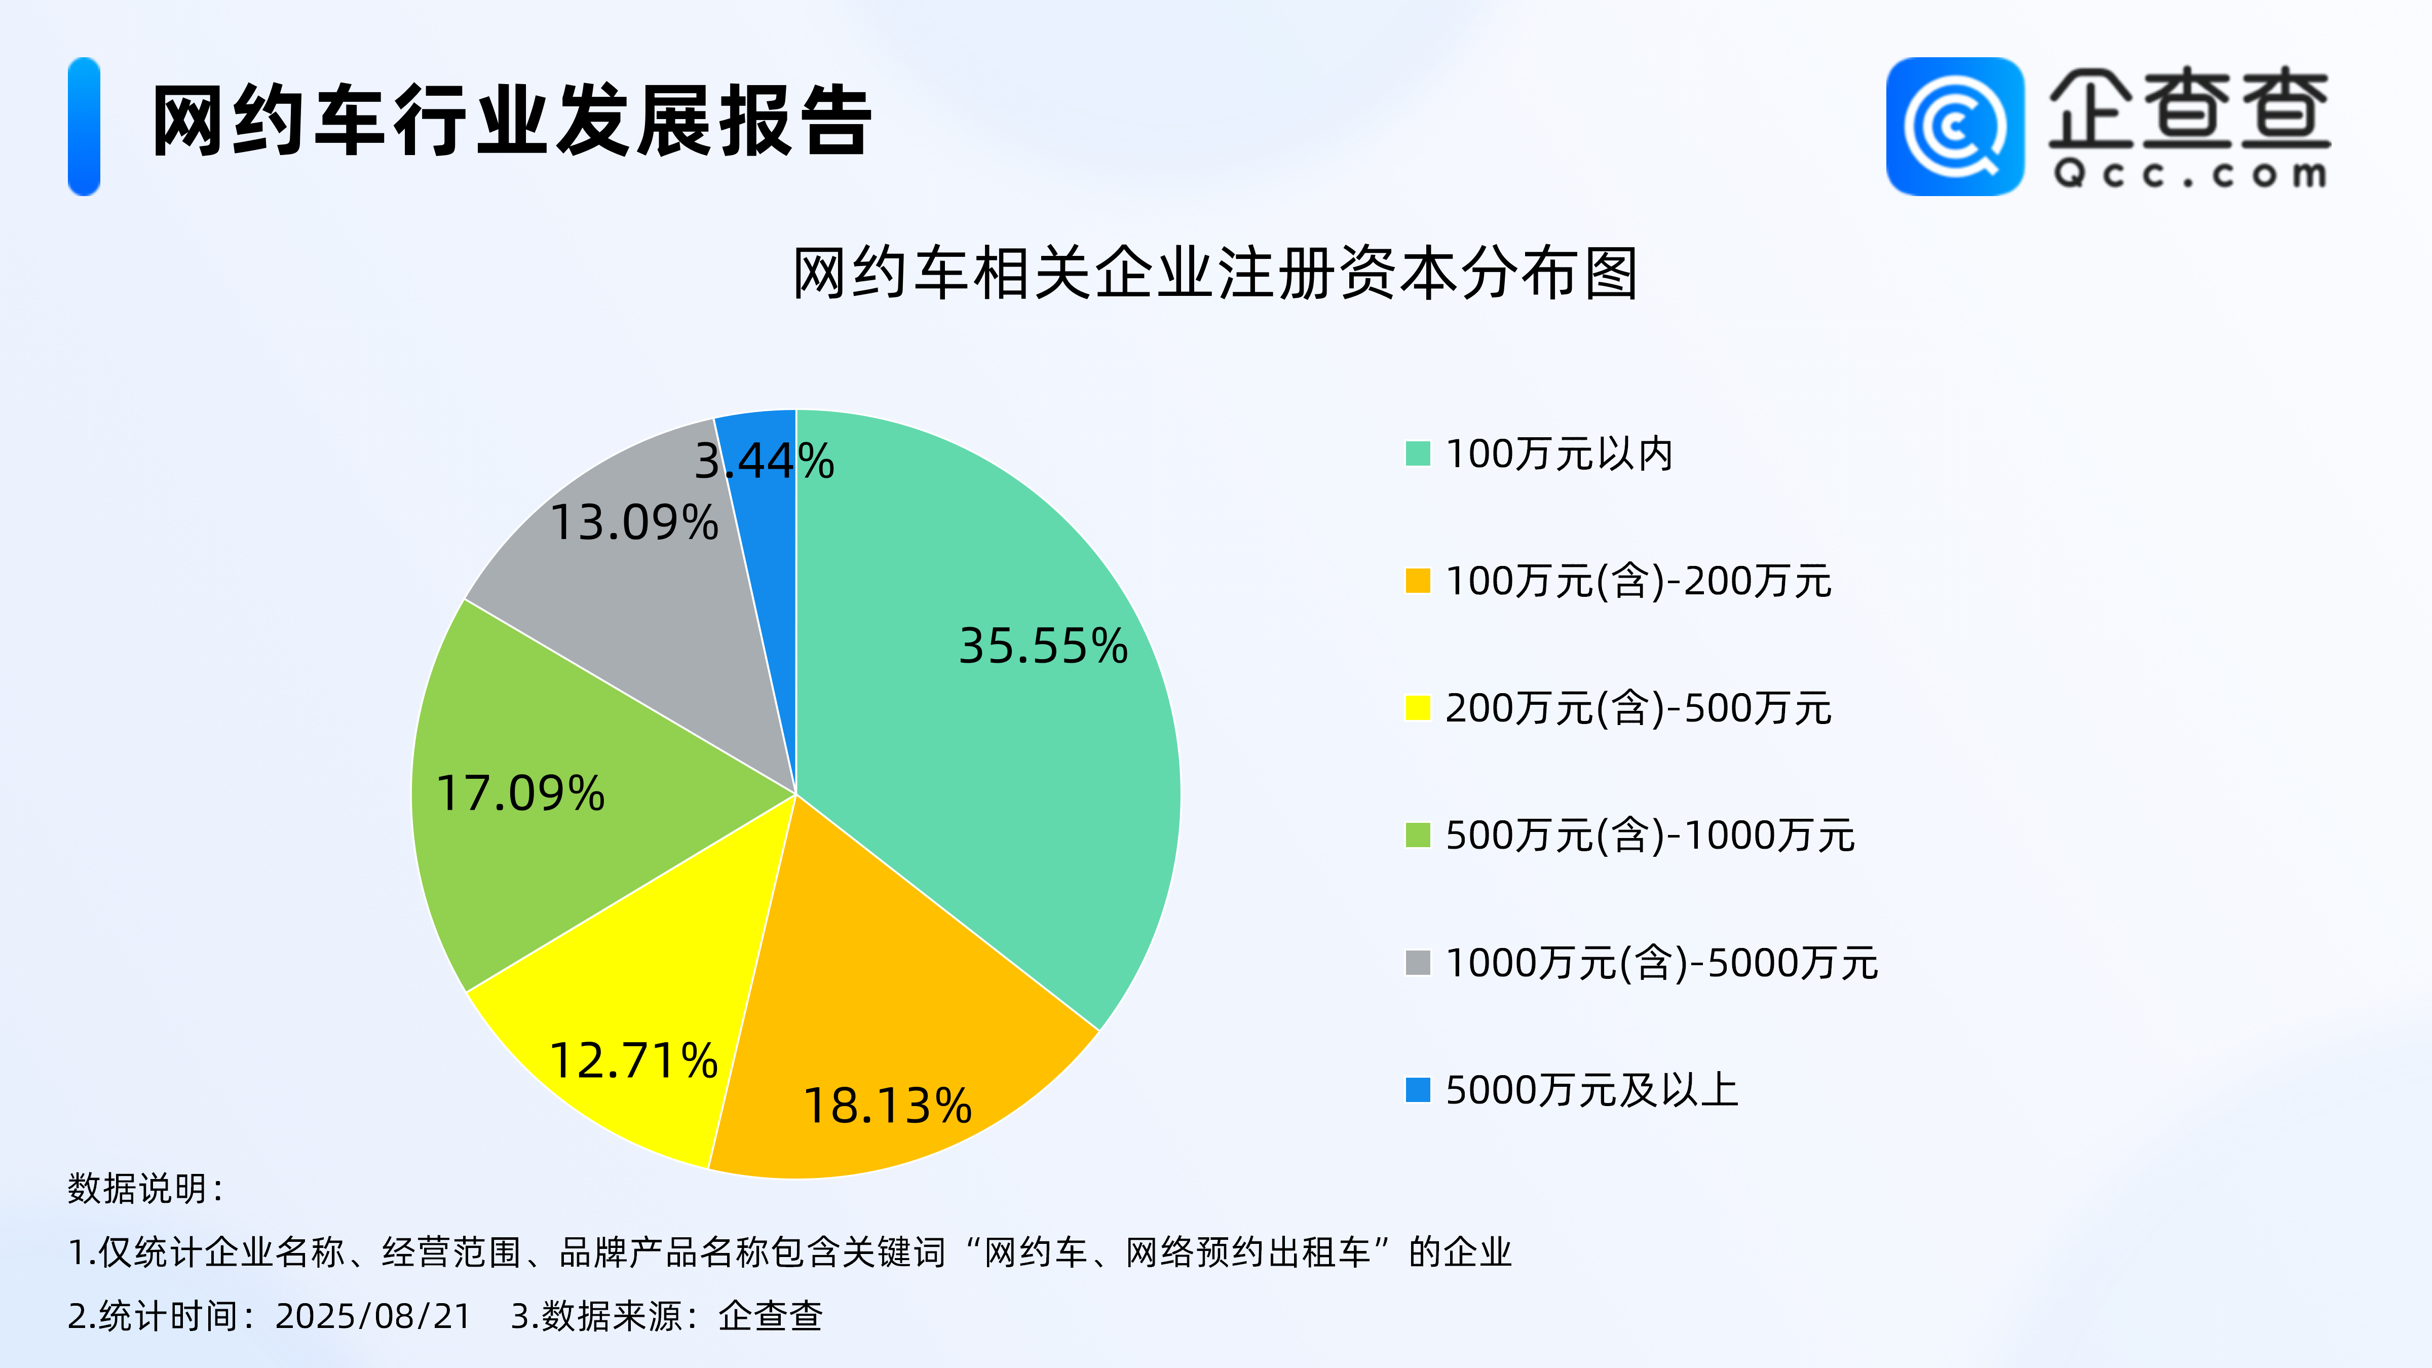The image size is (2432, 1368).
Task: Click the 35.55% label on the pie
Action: point(1043,646)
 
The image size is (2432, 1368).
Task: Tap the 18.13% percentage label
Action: point(888,1106)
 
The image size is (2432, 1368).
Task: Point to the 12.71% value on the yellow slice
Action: point(633,1060)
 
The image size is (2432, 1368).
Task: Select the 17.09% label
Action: point(520,793)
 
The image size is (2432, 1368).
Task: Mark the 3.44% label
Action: point(765,461)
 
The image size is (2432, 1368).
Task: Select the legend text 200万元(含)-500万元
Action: point(1638,708)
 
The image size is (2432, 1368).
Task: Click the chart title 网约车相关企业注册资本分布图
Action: point(1215,274)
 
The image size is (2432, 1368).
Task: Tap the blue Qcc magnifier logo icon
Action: point(1955,127)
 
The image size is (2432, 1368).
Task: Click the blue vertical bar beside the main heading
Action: point(84,127)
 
